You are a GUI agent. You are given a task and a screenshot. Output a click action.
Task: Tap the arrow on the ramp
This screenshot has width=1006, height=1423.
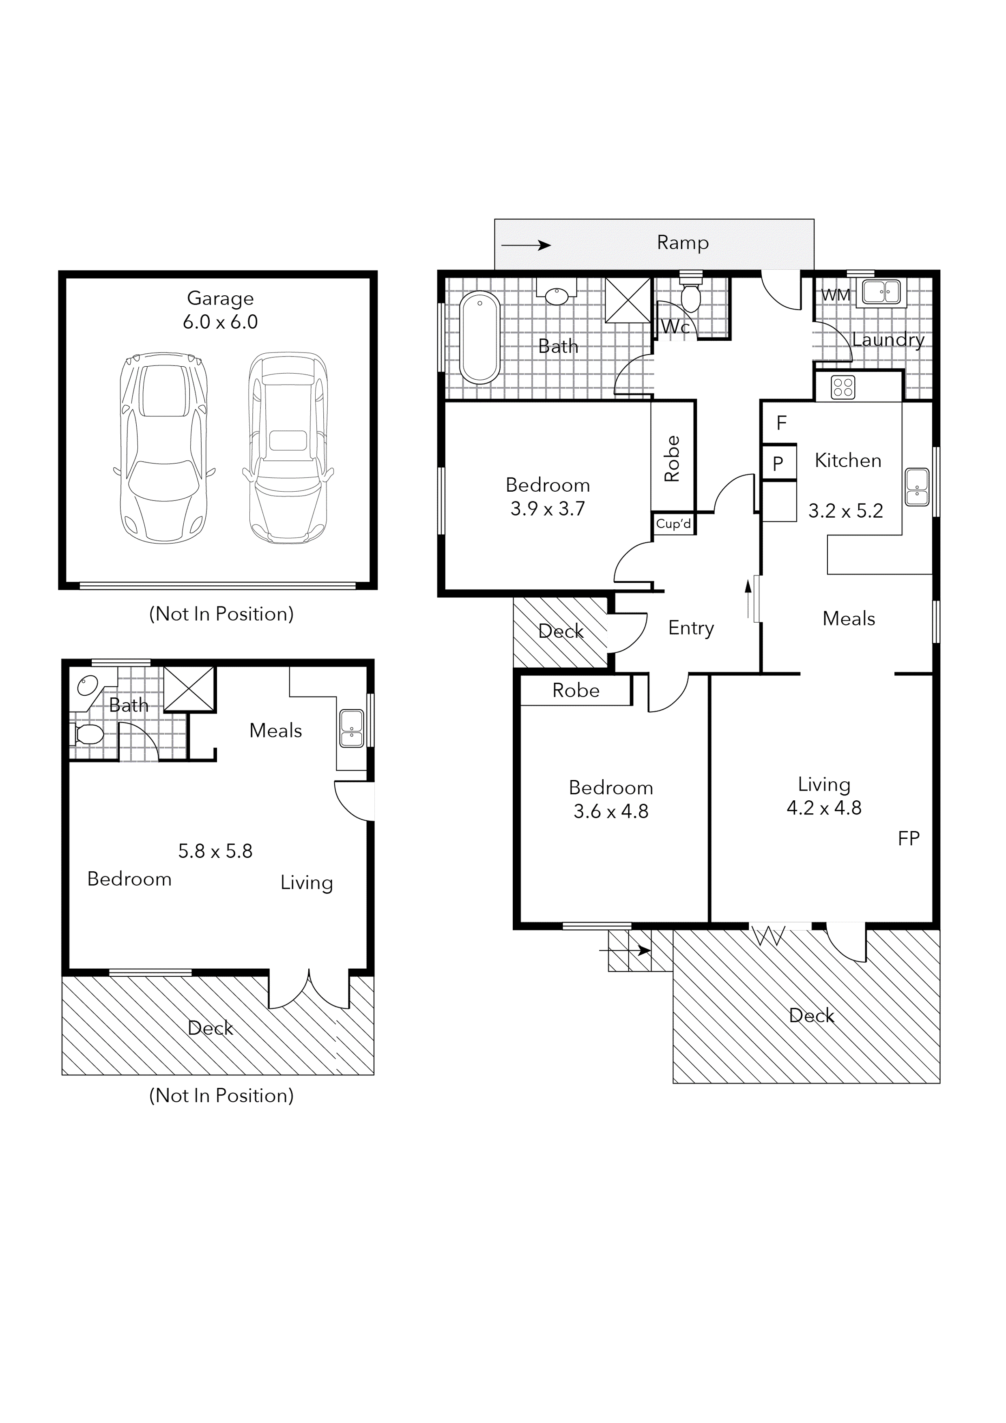pyautogui.click(x=526, y=245)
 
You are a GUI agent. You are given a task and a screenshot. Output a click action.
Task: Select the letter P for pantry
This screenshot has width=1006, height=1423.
pyautogui.click(x=778, y=463)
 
